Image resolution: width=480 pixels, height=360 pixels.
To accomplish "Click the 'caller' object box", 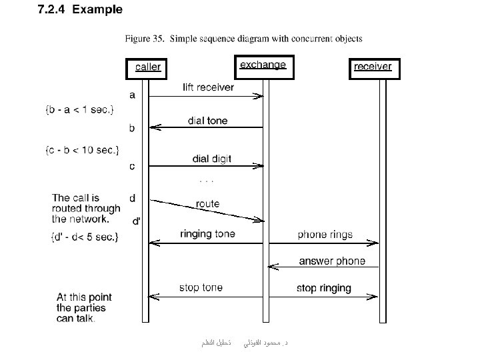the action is click(147, 67).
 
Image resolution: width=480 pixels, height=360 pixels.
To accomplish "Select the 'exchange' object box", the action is click(263, 65).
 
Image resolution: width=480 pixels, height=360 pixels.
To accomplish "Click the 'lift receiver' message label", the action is click(208, 87).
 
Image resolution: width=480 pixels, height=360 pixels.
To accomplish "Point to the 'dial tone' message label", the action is click(207, 121).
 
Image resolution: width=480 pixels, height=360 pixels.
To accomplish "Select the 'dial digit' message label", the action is click(212, 159).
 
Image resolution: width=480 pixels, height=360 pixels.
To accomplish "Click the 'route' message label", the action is click(207, 204).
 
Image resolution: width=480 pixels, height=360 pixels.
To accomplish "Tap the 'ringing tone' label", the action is click(207, 234).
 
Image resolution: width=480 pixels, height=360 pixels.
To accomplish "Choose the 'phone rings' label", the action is click(325, 235).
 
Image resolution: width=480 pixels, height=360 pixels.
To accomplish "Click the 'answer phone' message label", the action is click(332, 261).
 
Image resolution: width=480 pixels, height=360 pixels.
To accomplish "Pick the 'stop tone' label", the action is click(201, 287).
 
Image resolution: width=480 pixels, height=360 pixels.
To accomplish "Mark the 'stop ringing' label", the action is click(323, 288).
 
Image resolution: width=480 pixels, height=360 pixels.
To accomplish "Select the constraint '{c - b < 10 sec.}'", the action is click(82, 149).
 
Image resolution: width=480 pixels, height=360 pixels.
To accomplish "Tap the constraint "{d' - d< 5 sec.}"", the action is click(84, 236).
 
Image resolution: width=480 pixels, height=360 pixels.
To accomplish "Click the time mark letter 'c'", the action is click(132, 166).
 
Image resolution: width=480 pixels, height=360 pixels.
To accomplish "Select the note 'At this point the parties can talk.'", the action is click(84, 307).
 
